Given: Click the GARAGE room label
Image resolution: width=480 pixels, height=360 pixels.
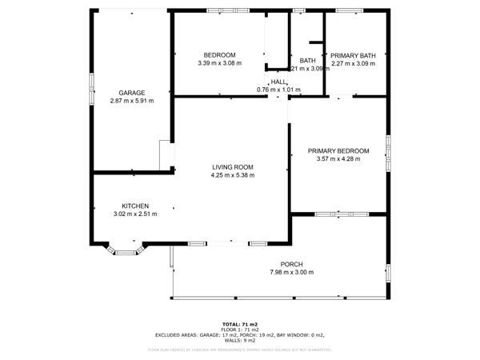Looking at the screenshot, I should pyautogui.click(x=132, y=93).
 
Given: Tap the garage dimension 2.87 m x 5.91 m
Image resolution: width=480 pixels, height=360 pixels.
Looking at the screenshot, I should pyautogui.click(x=132, y=101).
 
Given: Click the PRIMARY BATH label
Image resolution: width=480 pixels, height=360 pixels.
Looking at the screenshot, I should pyautogui.click(x=353, y=54).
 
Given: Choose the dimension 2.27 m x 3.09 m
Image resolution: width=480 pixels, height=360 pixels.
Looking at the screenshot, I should pyautogui.click(x=353, y=63).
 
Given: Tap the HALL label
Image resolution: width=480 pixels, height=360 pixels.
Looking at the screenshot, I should pyautogui.click(x=278, y=82).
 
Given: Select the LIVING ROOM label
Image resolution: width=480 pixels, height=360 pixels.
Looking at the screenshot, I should pyautogui.click(x=233, y=166).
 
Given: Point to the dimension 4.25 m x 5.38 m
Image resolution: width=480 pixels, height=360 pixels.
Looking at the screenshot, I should pyautogui.click(x=233, y=175).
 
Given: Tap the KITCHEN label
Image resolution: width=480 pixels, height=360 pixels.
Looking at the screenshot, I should pyautogui.click(x=134, y=206).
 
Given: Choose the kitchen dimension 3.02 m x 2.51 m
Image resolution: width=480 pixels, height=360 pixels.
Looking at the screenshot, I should pyautogui.click(x=134, y=214).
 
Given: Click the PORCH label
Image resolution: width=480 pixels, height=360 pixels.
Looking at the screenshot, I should pyautogui.click(x=291, y=265).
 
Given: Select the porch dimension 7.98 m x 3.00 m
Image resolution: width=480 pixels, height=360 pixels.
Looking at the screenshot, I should pyautogui.click(x=291, y=274).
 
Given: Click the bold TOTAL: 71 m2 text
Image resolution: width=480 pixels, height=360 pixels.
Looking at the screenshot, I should pyautogui.click(x=239, y=324).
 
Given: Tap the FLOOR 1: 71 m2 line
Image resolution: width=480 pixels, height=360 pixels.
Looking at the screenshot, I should pyautogui.click(x=239, y=330).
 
